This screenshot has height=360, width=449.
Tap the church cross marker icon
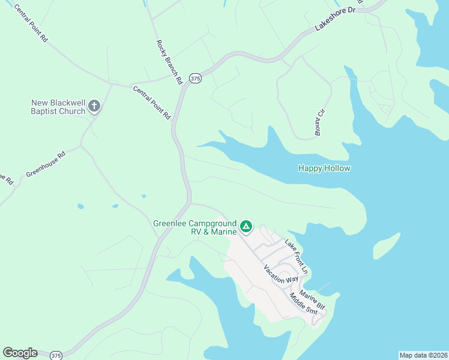point(94,107)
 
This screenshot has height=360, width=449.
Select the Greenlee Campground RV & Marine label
point(196,227)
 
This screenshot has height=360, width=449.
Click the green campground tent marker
point(246,226)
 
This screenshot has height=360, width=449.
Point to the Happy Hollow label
point(324,169)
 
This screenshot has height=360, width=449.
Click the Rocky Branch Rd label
point(169,62)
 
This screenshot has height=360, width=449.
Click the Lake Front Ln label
point(296,257)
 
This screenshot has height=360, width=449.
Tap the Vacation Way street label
point(281,275)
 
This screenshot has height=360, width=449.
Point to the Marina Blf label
point(312,300)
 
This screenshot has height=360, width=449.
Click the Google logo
point(20,353)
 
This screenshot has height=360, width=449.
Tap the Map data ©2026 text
point(423,355)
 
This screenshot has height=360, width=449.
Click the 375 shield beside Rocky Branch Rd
point(194,78)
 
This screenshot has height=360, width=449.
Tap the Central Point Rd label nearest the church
point(152,103)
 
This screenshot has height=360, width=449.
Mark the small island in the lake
point(387,245)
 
